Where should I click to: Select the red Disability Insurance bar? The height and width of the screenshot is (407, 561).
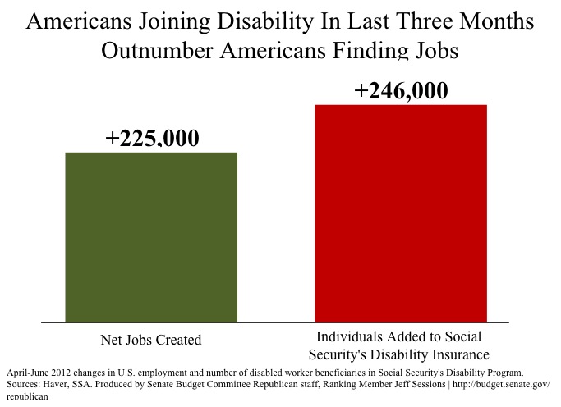pyautogui.click(x=401, y=213)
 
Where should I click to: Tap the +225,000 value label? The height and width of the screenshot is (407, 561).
pyautogui.click(x=152, y=139)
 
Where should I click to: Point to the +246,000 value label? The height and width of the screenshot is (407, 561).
pyautogui.click(x=401, y=91)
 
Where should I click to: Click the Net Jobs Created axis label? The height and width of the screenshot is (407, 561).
pyautogui.click(x=151, y=340)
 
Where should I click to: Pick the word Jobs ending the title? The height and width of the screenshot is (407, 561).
pyautogui.click(x=430, y=50)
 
